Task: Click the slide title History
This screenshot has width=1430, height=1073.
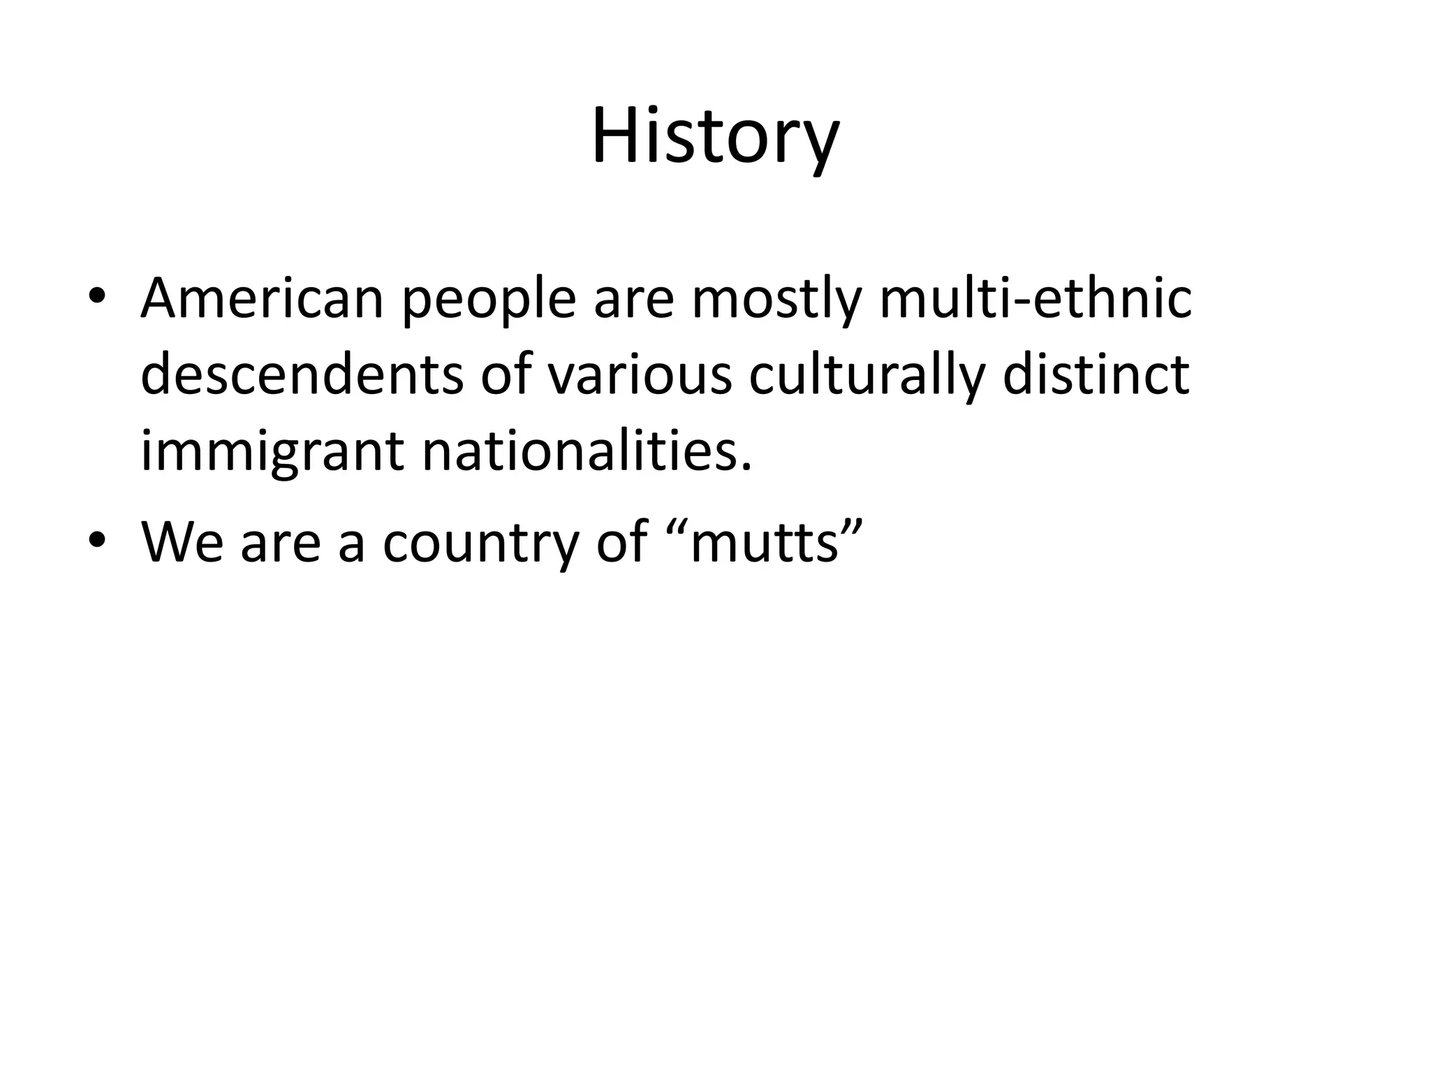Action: point(715,137)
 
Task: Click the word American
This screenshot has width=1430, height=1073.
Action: point(263,299)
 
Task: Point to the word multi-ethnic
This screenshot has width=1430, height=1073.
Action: point(1035,299)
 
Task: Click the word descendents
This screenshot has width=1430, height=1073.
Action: point(302,376)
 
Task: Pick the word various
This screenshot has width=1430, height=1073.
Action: point(640,376)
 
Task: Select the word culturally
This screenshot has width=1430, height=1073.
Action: point(867,377)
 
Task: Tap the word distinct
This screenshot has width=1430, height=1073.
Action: point(1096,376)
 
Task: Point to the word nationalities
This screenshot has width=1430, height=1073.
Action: point(587,451)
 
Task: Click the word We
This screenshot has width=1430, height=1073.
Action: point(182,541)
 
